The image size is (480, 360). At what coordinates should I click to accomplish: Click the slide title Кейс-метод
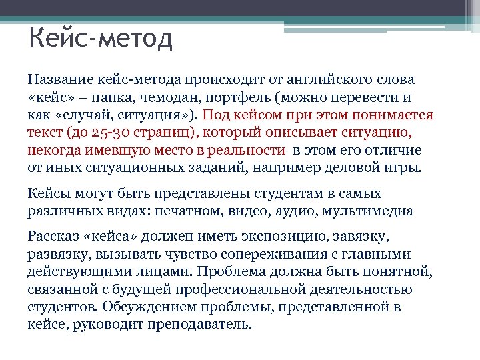[101, 38]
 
